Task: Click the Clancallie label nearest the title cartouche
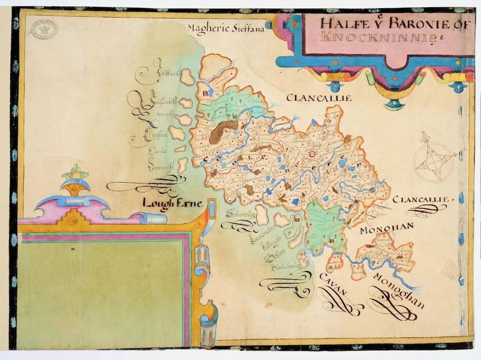point(319,98)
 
